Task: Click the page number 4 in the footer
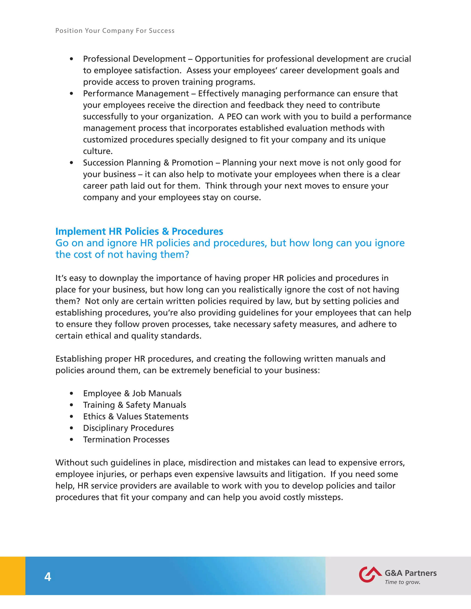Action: pyautogui.click(x=48, y=577)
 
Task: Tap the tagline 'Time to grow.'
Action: pyautogui.click(x=402, y=582)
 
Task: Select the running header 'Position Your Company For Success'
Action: pyautogui.click(x=115, y=31)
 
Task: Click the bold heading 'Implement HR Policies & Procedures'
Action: pyautogui.click(x=139, y=231)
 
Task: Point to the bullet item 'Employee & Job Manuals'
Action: pyautogui.click(x=132, y=393)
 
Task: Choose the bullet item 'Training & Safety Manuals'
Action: pyautogui.click(x=135, y=405)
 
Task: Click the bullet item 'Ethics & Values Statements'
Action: pyautogui.click(x=136, y=417)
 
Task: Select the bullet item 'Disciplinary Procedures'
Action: pyautogui.click(x=128, y=428)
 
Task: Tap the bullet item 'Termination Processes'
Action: pyautogui.click(x=126, y=440)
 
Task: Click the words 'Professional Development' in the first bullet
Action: pyautogui.click(x=134, y=59)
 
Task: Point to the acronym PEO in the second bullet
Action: pyautogui.click(x=234, y=117)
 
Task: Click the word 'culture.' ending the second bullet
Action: pyautogui.click(x=98, y=151)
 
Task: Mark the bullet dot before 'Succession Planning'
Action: pyautogui.click(x=72, y=163)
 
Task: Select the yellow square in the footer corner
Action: pyautogui.click(x=13, y=576)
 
